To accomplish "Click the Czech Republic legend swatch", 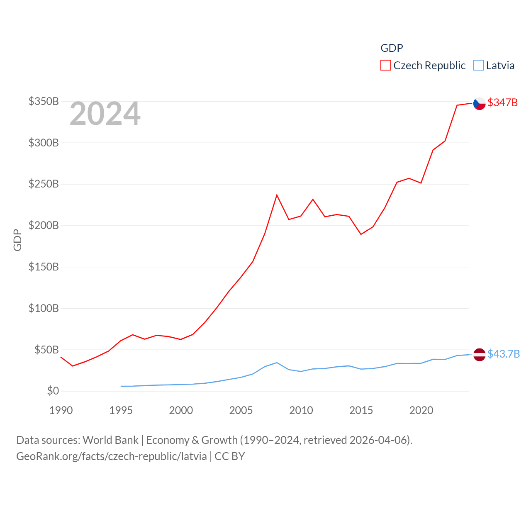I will click(x=385, y=66).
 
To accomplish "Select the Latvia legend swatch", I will click(x=478, y=66).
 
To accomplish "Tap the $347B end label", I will click(x=502, y=102).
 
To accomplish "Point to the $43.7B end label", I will click(x=504, y=354).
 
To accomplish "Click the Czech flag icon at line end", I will click(x=479, y=103).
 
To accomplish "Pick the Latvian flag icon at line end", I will click(x=479, y=355).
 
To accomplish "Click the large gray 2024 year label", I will click(x=105, y=114).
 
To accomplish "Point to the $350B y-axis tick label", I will click(x=44, y=101).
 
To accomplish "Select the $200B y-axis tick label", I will click(x=44, y=226).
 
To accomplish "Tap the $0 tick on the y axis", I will click(x=53, y=391).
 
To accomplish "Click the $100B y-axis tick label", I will click(x=44, y=308).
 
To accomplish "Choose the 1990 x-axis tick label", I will click(x=61, y=410).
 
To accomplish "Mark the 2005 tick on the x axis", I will click(x=241, y=410).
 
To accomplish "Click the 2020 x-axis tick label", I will click(x=421, y=410).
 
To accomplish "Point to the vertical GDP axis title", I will click(x=17, y=240).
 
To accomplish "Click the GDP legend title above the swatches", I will click(x=392, y=48).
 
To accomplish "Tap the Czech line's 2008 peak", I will click(x=277, y=195).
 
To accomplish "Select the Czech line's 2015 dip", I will click(x=361, y=234).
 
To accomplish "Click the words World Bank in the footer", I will click(x=110, y=440).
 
